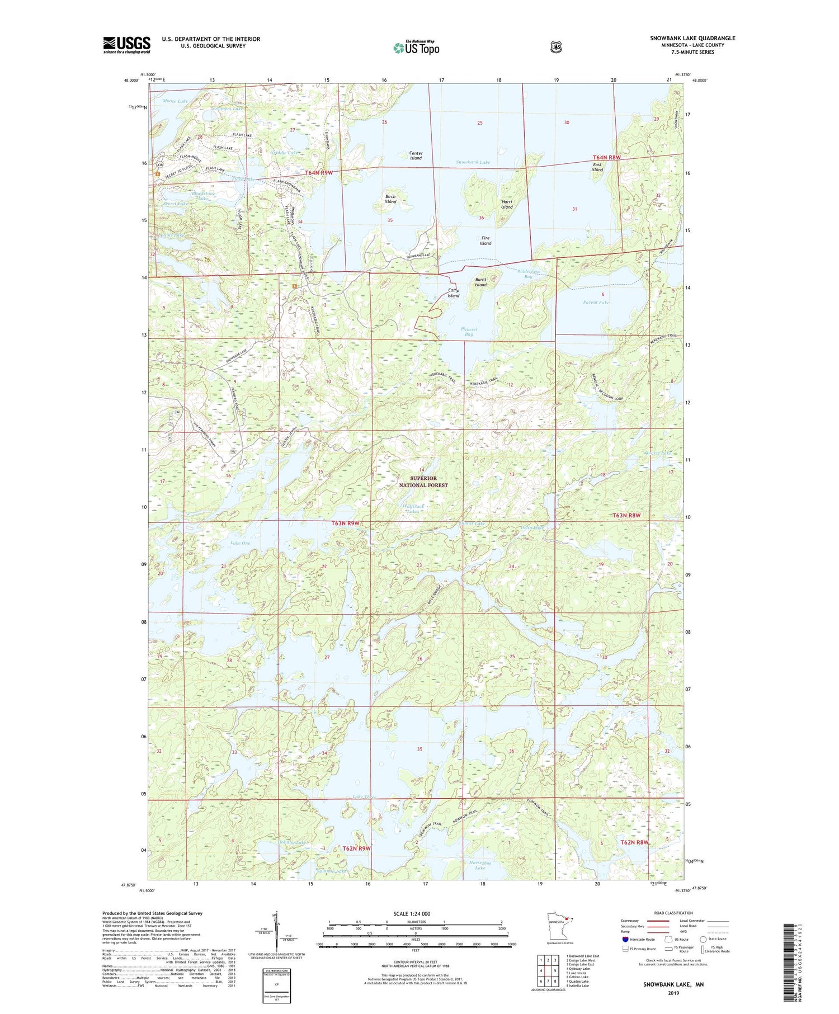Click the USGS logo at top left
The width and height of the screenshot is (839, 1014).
(127, 45)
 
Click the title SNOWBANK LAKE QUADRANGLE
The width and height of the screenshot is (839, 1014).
(692, 38)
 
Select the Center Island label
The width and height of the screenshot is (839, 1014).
(416, 155)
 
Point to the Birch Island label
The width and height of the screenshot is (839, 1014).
(390, 199)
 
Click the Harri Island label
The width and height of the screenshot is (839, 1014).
(507, 204)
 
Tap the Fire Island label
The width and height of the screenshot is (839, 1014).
(486, 240)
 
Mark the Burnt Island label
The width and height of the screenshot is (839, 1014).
(480, 282)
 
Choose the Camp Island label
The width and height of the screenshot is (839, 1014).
(453, 293)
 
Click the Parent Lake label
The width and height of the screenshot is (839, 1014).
(596, 303)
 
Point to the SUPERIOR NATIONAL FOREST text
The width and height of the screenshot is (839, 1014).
(423, 482)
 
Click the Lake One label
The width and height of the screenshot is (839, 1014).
(240, 543)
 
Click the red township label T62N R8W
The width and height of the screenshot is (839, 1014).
(634, 842)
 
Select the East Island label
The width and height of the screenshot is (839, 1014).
(597, 167)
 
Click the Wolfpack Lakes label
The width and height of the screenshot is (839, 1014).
(413, 508)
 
